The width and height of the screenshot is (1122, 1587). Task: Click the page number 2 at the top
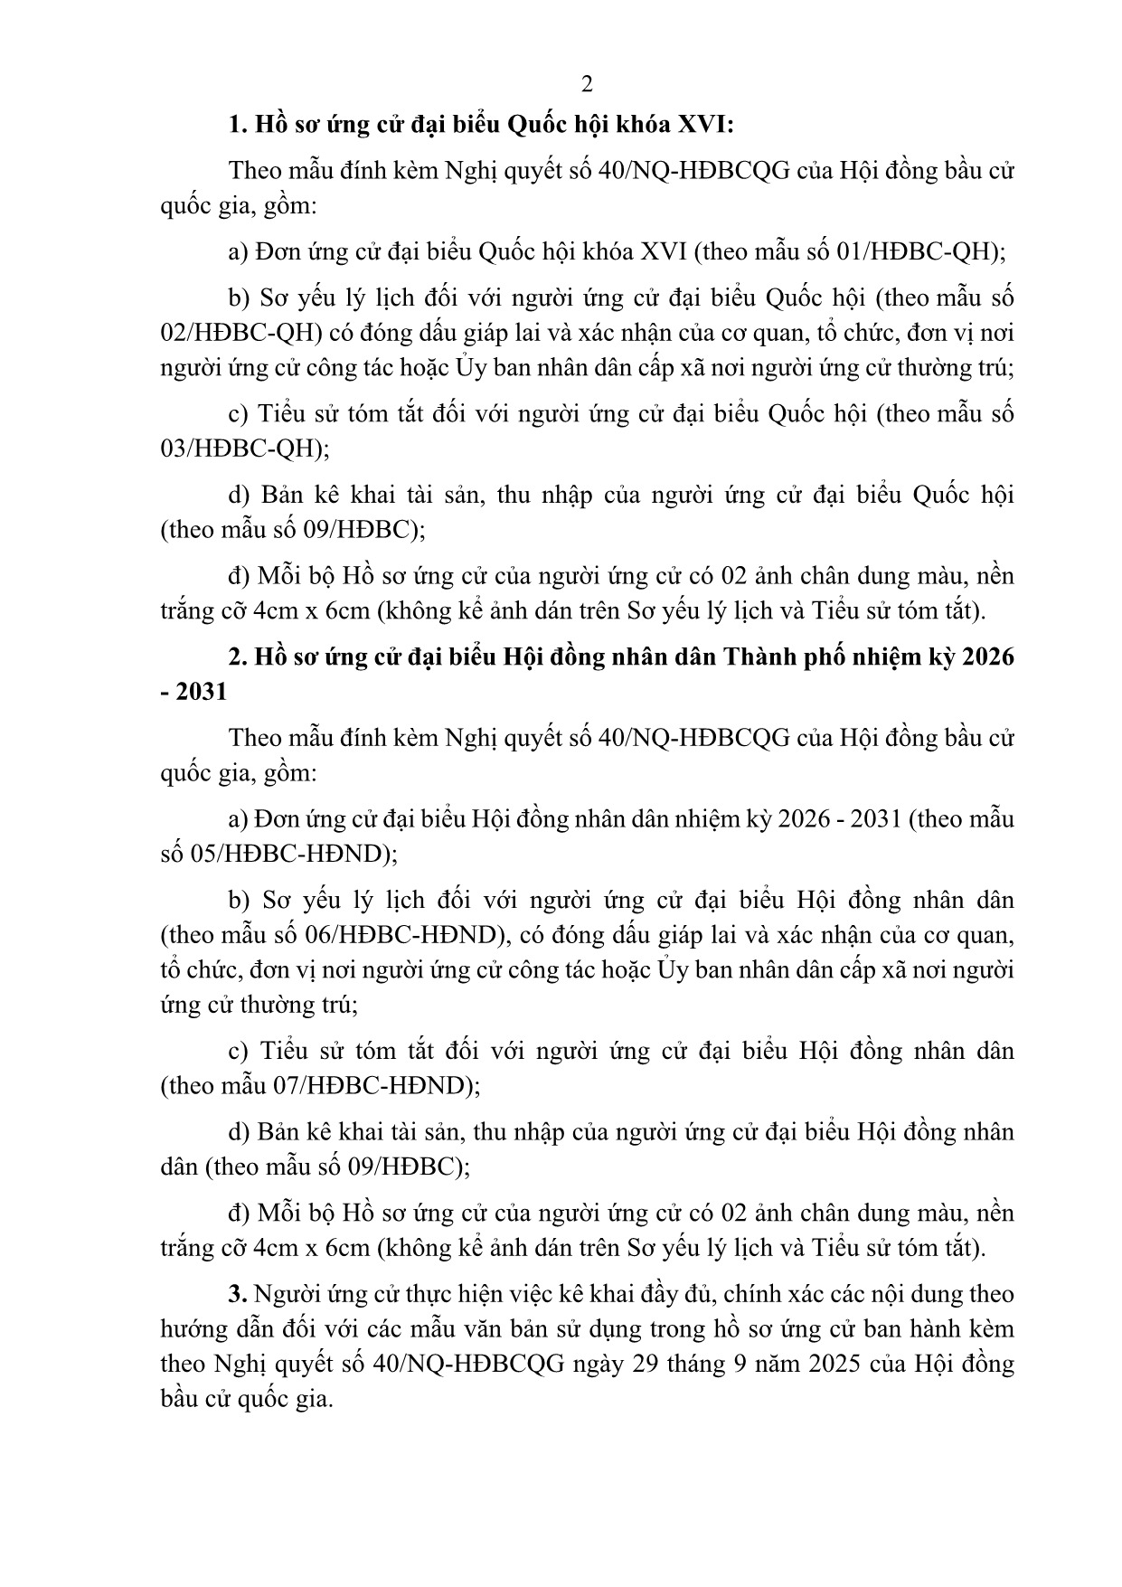(x=587, y=85)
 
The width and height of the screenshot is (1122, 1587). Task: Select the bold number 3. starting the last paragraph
(x=238, y=1294)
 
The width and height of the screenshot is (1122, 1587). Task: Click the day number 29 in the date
(x=643, y=1364)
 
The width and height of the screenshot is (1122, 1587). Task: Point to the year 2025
(x=836, y=1364)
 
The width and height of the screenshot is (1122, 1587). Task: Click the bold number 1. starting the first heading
(x=238, y=125)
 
